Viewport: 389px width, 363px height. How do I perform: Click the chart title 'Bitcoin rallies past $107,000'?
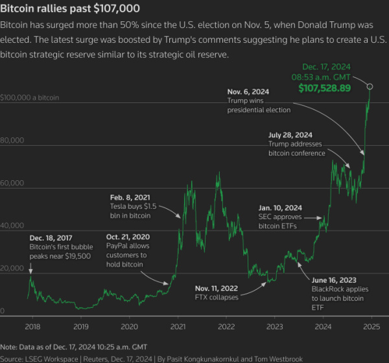pyautogui.click(x=69, y=9)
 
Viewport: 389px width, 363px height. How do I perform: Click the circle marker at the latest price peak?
pyautogui.click(x=370, y=86)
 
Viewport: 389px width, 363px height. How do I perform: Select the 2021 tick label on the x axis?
pyautogui.click(x=178, y=327)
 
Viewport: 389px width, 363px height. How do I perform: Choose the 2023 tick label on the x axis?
pyautogui.click(x=275, y=327)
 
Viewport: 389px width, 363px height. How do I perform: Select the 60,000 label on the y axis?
pyautogui.click(x=12, y=183)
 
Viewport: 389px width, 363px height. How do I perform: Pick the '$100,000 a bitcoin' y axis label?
pyautogui.click(x=30, y=97)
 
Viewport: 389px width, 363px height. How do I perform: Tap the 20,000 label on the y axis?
pyautogui.click(x=12, y=269)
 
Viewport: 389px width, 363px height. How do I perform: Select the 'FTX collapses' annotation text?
pyautogui.click(x=217, y=297)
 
